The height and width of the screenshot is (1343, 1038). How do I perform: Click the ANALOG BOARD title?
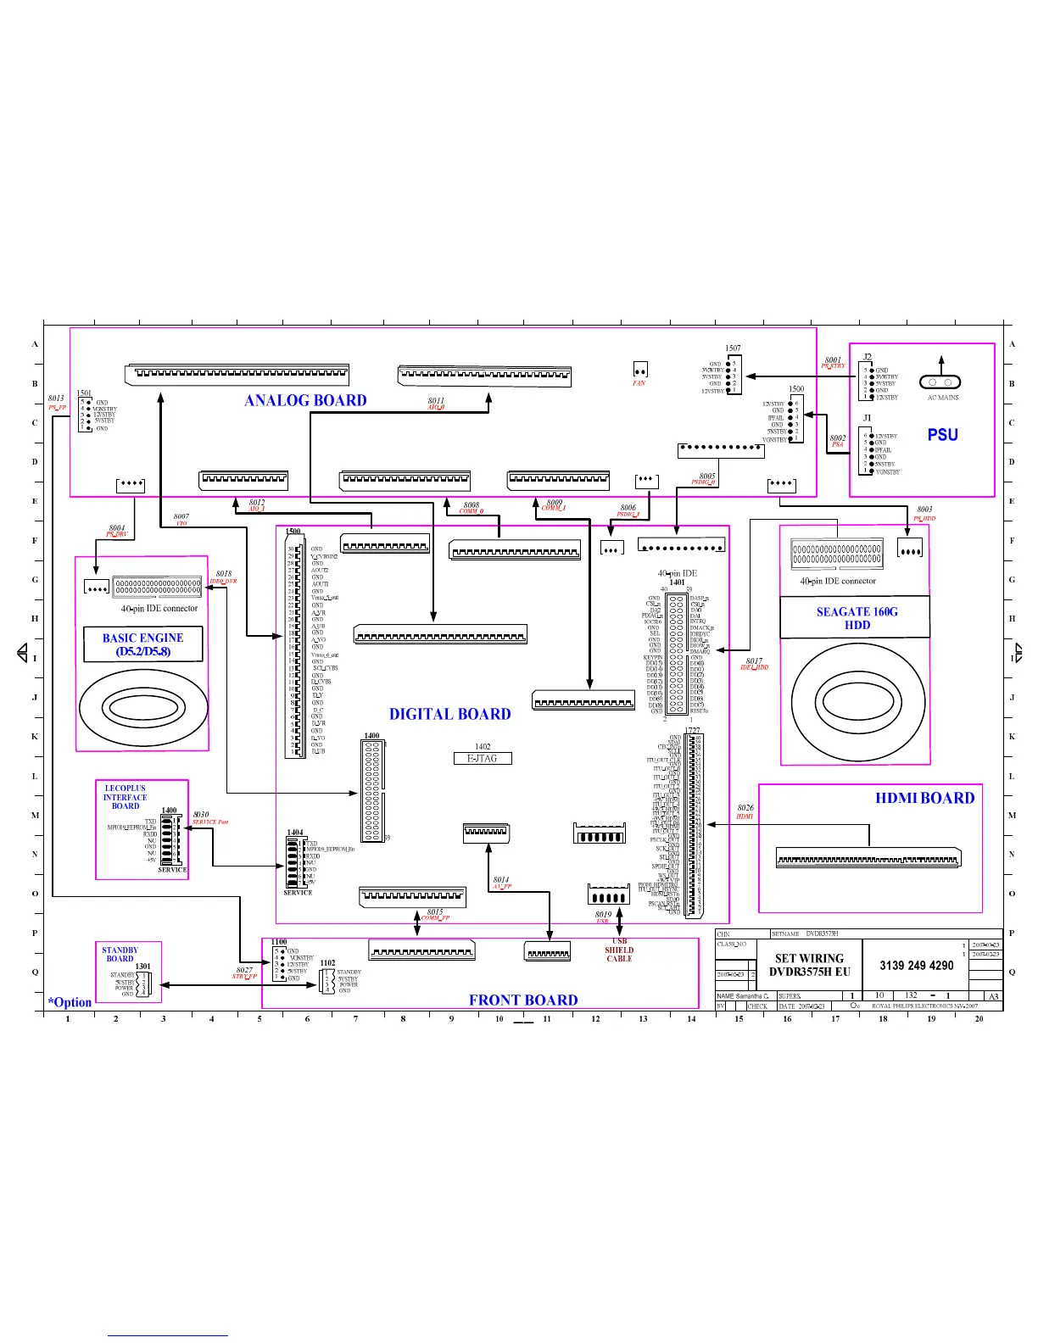[x=305, y=401]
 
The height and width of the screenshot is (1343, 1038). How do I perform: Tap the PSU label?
[x=942, y=435]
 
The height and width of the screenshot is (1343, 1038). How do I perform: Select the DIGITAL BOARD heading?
[x=449, y=715]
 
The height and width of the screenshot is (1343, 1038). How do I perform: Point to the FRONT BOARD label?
[x=523, y=1000]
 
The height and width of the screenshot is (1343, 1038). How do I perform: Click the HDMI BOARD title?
[x=924, y=798]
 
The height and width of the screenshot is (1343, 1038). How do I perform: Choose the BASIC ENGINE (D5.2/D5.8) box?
[x=142, y=644]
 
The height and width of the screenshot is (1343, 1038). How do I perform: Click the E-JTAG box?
[x=483, y=758]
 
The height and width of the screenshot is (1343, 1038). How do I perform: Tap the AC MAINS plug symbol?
[x=941, y=382]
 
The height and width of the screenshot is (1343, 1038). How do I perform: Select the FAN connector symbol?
[x=640, y=370]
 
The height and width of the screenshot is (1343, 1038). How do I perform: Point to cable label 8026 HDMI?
[x=745, y=811]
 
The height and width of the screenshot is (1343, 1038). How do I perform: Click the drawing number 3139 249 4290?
[x=916, y=966]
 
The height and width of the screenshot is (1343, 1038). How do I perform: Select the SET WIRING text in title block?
[x=809, y=958]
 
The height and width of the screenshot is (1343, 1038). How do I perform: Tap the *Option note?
[x=70, y=1002]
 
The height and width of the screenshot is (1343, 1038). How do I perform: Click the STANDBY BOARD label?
[x=120, y=954]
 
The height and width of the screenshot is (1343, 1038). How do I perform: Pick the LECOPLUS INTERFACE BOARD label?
[x=125, y=797]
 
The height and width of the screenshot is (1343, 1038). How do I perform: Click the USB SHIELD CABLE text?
[x=619, y=950]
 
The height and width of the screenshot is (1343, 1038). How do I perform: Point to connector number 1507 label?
[x=733, y=348]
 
